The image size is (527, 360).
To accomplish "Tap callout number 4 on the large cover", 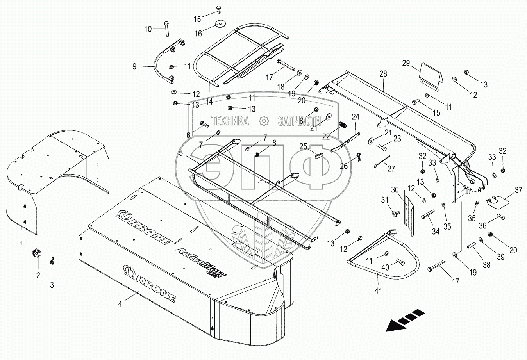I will point(120,303).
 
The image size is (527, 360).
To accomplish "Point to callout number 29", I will point(406,62).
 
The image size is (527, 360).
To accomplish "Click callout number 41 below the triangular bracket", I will point(378,290).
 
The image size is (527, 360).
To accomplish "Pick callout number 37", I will point(518,190).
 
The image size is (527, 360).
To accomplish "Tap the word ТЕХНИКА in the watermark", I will point(230,121).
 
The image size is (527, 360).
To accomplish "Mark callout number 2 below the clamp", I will point(38,275).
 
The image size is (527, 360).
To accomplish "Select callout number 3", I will point(52,285).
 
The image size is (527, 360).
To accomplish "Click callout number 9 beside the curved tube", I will point(134,66).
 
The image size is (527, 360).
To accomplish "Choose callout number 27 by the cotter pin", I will point(391,169).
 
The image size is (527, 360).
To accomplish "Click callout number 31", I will point(384,200).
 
